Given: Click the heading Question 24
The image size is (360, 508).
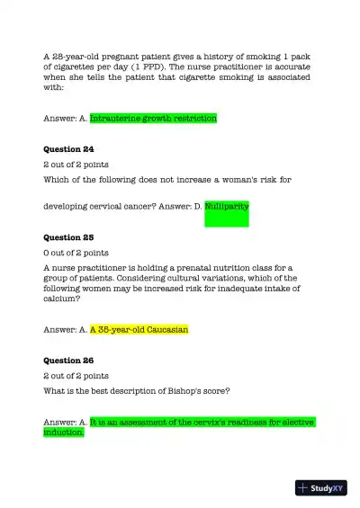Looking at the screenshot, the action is tap(68, 149).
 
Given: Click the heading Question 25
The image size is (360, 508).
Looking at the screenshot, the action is tap(68, 238).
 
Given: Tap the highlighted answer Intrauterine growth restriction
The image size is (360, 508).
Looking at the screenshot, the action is tap(153, 118).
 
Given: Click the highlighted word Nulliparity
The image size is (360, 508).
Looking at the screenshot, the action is tap(226, 207).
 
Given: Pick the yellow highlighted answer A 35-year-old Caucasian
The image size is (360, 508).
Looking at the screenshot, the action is tap(139, 330).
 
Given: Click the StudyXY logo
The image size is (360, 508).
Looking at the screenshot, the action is tap(320, 488).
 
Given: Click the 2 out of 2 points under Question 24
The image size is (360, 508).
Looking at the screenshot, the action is tap(76, 165).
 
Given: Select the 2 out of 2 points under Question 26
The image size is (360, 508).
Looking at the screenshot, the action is tap(76, 376).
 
